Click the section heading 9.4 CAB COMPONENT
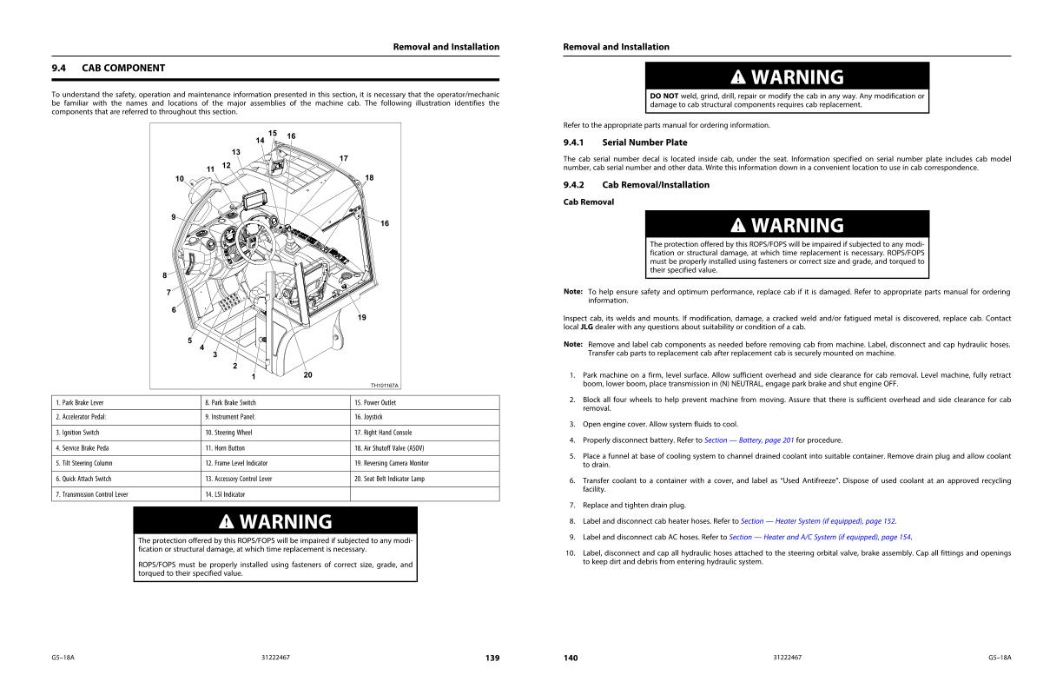coord(109,68)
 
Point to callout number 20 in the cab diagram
coord(307,374)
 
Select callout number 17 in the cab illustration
coord(344,158)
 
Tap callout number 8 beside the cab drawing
coord(164,275)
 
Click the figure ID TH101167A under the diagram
coord(385,385)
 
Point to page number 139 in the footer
coord(492,658)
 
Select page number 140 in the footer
coord(571,658)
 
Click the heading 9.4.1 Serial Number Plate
coord(625,142)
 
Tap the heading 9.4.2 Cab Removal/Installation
coord(637,185)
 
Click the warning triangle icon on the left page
coord(227,522)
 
